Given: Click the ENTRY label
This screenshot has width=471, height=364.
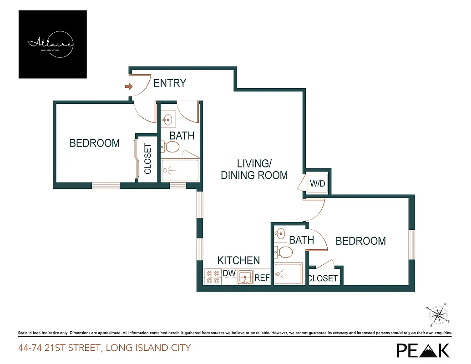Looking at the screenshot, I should pyautogui.click(x=170, y=83).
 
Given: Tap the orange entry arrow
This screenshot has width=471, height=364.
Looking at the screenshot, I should pyautogui.click(x=129, y=86).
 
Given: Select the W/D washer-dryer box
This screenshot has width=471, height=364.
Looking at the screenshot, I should pyautogui.click(x=317, y=184).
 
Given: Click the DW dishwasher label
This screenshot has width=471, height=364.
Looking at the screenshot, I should pyautogui.click(x=228, y=273).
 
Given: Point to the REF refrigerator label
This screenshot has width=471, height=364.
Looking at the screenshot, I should pyautogui.click(x=262, y=278).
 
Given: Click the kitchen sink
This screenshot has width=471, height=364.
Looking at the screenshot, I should pyautogui.click(x=245, y=277).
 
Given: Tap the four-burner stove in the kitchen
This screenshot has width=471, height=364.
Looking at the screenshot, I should pyautogui.click(x=213, y=277).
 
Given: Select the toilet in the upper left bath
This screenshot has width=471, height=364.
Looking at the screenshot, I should pyautogui.click(x=171, y=147).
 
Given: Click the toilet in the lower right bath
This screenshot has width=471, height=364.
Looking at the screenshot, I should pyautogui.click(x=284, y=252).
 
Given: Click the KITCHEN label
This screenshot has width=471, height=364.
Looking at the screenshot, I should pyautogui.click(x=238, y=261).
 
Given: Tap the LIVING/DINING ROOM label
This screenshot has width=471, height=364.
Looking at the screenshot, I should pyautogui.click(x=254, y=169).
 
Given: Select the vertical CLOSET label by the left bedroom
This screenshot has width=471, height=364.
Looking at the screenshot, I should pyautogui.click(x=147, y=159).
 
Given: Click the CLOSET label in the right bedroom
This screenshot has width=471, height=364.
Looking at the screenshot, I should pyautogui.click(x=323, y=278).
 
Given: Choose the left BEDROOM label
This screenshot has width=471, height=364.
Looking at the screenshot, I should pyautogui.click(x=95, y=143).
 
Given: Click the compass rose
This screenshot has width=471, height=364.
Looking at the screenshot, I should pyautogui.click(x=439, y=315).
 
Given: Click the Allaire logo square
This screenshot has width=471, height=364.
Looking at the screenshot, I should pyautogui.click(x=52, y=44).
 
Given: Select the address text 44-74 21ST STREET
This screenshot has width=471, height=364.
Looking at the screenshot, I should pyautogui.click(x=104, y=348).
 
